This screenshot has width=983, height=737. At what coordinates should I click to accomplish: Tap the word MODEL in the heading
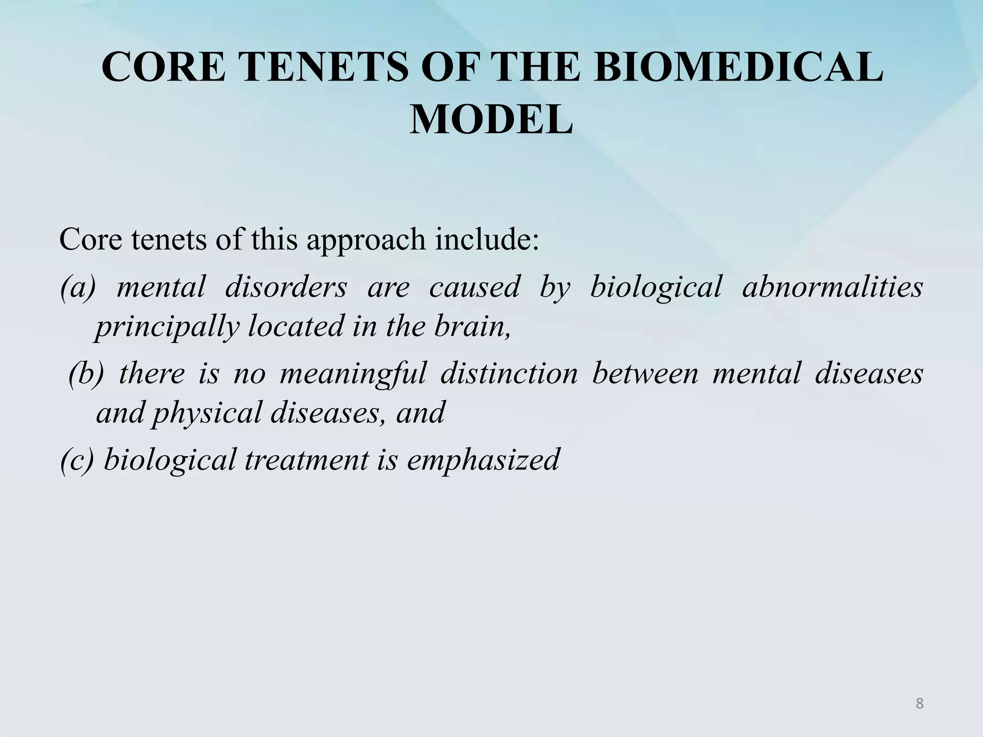click(491, 120)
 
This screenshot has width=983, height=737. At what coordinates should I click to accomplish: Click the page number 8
click(919, 703)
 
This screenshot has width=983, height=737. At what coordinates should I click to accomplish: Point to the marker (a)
click(78, 287)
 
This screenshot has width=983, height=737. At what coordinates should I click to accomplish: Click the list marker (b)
click(86, 374)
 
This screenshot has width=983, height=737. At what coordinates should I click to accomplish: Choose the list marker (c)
click(77, 459)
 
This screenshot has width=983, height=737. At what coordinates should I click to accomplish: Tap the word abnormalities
click(832, 287)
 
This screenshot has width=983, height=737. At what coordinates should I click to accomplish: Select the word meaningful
click(353, 374)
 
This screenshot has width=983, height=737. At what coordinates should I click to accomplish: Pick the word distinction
click(509, 374)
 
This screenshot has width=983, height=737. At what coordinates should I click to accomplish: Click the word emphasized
click(483, 459)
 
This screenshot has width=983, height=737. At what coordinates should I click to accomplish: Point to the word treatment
click(307, 459)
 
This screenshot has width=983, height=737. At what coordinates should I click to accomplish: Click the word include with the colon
click(487, 239)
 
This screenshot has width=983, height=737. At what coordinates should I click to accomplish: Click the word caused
click(474, 287)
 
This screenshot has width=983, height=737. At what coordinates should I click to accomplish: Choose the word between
click(645, 374)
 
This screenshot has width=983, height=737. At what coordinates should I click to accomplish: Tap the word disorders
click(286, 287)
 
